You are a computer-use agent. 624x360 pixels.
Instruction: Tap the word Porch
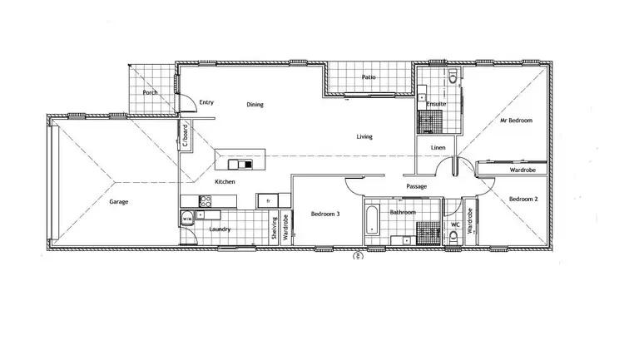pyautogui.click(x=151, y=93)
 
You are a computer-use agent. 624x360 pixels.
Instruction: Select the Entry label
pyautogui.click(x=206, y=102)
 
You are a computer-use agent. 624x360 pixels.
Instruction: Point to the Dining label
pyautogui.click(x=255, y=105)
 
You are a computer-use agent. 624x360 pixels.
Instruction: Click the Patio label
pyautogui.click(x=369, y=77)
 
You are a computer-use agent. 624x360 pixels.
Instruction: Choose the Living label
pyautogui.click(x=364, y=136)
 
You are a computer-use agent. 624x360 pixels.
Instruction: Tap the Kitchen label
pyautogui.click(x=225, y=181)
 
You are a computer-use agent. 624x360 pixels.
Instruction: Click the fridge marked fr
pyautogui.click(x=268, y=200)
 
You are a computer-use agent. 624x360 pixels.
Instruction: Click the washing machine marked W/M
pyautogui.click(x=187, y=219)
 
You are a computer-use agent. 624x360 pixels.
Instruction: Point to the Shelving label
pyautogui.click(x=274, y=228)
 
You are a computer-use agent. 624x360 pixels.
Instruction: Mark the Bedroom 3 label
pyautogui.click(x=325, y=214)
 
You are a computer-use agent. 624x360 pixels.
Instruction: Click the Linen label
pyautogui.click(x=438, y=148)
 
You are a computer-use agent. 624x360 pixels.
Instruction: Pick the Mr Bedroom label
pyautogui.click(x=515, y=121)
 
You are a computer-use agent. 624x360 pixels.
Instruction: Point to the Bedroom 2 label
pyautogui.click(x=523, y=199)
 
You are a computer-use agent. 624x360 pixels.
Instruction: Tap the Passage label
pyautogui.click(x=416, y=186)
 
